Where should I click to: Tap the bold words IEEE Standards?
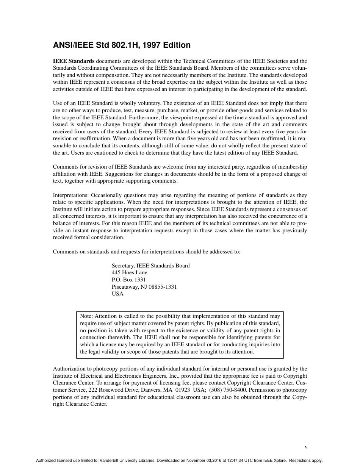(74, 61)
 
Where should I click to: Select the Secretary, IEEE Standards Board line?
(150, 266)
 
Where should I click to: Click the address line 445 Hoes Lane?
(130, 273)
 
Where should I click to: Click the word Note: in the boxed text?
(86, 316)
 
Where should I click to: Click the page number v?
(306, 447)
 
